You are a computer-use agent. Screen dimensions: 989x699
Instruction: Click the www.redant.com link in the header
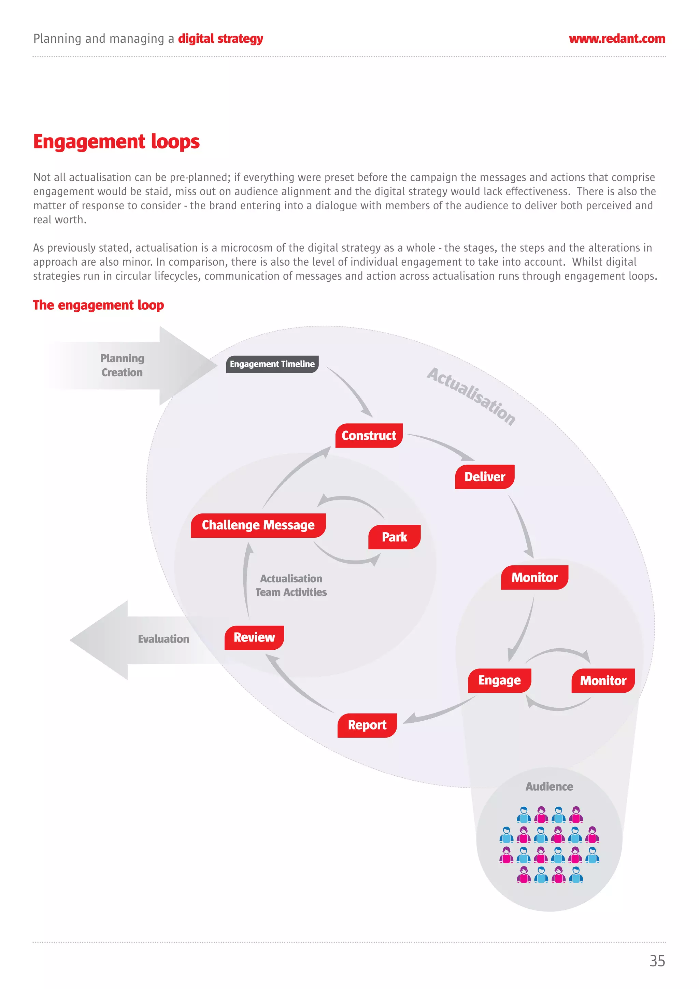(617, 39)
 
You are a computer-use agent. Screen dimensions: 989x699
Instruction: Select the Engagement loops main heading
(116, 142)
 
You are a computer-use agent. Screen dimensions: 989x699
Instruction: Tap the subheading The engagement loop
(98, 305)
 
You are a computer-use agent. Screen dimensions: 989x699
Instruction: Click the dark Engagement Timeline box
(272, 364)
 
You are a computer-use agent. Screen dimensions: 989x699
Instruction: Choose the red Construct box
(369, 436)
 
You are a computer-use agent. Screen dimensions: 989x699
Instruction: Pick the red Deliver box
(485, 477)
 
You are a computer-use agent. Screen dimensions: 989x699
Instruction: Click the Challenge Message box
(258, 525)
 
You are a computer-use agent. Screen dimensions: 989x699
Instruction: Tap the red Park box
(394, 537)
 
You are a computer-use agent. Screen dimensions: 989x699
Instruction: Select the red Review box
(254, 637)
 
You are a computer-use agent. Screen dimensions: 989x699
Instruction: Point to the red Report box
(367, 725)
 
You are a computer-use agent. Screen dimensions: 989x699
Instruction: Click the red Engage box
(499, 681)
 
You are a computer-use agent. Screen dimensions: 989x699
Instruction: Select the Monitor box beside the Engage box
(603, 681)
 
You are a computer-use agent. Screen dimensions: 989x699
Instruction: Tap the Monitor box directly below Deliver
(534, 578)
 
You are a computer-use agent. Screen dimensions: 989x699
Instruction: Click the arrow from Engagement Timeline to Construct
(351, 390)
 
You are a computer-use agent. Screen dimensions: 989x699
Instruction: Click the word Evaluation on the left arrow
(163, 639)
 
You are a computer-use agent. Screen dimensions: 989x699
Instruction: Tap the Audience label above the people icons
(549, 787)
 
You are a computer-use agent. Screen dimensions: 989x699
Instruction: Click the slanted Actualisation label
(471, 396)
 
